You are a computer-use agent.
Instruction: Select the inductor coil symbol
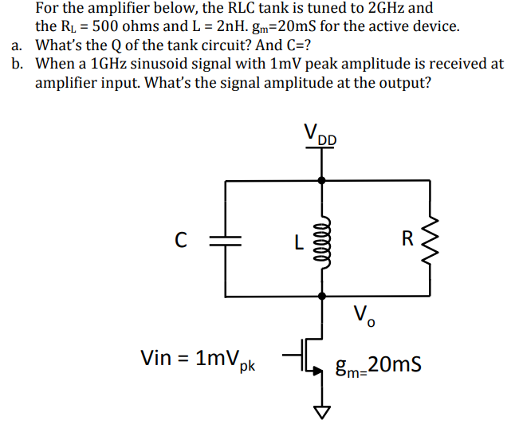click(x=321, y=238)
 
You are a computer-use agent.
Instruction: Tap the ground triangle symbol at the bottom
click(x=321, y=411)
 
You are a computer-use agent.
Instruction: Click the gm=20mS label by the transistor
click(x=379, y=366)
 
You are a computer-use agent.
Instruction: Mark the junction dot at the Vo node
click(x=321, y=296)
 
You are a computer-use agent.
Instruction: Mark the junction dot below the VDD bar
click(x=321, y=181)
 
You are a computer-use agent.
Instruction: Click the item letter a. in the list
click(x=18, y=45)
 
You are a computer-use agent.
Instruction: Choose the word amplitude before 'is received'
click(x=370, y=64)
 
